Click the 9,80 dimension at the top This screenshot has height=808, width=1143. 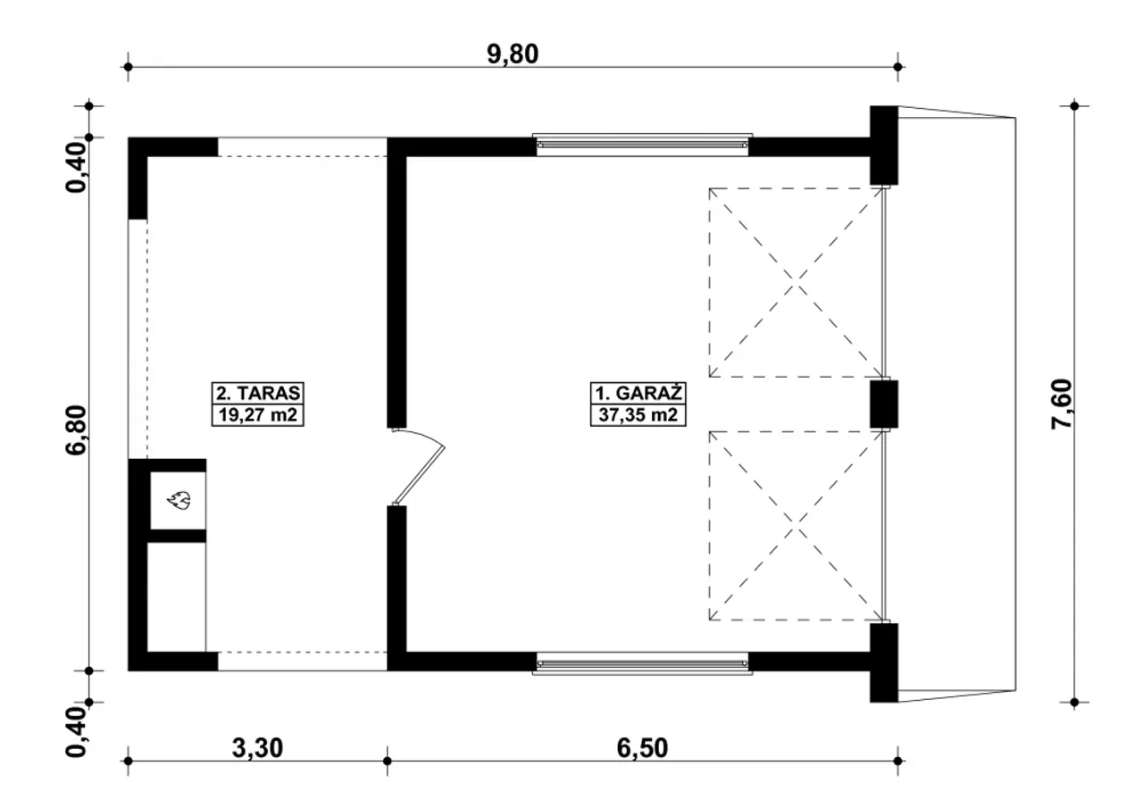click(x=513, y=54)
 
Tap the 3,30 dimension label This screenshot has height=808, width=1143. click(x=257, y=748)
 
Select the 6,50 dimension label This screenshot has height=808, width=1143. click(x=642, y=748)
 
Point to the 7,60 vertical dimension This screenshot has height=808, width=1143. click(x=1063, y=404)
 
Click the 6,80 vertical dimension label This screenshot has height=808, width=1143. click(x=77, y=430)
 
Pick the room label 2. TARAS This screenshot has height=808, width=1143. click(x=258, y=394)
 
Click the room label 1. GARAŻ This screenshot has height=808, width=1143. click(x=638, y=394)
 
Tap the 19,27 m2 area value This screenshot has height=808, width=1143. click(x=258, y=414)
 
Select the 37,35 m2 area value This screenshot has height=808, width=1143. click(x=638, y=414)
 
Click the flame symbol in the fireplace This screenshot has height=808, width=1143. click(x=179, y=500)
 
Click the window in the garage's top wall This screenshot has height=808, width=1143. click(x=642, y=145)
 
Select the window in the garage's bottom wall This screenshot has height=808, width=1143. click(x=642, y=663)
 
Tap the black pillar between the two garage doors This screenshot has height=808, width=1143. click(x=884, y=404)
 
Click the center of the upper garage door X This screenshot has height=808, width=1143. click(x=795, y=283)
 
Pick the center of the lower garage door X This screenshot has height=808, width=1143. click(x=795, y=526)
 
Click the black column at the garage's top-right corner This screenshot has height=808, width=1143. click(x=884, y=146)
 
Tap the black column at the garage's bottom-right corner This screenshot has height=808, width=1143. click(x=884, y=662)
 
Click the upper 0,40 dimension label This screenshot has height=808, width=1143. click(x=77, y=168)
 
